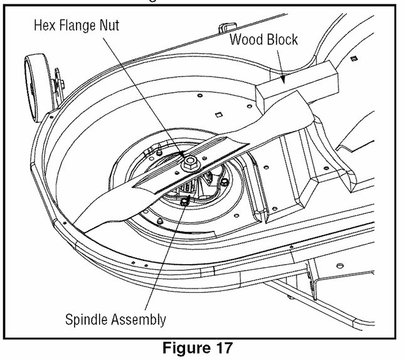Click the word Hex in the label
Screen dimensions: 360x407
coord(45,26)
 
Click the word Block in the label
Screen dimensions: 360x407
coord(281,40)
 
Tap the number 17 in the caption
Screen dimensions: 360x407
coord(225,347)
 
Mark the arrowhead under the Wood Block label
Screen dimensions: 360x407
coord(283,79)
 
